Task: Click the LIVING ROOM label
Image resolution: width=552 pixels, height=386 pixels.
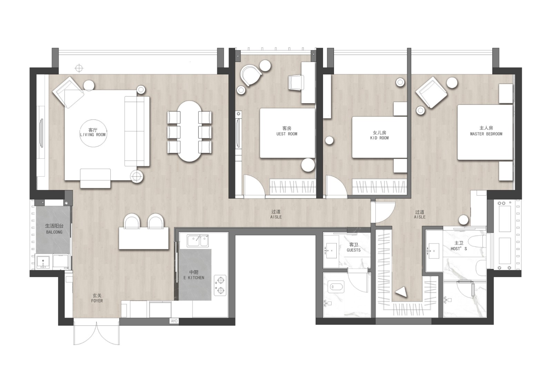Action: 93,135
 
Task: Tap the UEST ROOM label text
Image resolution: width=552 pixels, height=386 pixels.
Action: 287,134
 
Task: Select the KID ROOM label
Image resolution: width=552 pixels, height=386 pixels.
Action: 379,138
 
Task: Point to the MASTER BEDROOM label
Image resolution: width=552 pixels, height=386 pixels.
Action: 486,134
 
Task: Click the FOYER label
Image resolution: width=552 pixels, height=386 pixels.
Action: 97,301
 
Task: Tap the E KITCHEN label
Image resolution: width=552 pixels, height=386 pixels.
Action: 194,277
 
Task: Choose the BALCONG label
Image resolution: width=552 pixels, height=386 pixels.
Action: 54,232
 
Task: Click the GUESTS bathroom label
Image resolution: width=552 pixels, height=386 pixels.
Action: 354,250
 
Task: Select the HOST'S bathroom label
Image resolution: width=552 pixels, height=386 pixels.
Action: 459,248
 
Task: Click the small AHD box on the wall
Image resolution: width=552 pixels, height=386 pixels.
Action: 174,321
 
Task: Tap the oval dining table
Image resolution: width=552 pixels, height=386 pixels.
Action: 189,131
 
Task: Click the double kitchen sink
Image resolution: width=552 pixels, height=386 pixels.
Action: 198,241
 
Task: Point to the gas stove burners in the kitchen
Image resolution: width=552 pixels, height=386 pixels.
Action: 220,285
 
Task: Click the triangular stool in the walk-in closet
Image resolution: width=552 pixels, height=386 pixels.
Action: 401,292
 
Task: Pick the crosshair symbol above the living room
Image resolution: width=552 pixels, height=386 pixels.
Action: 79,68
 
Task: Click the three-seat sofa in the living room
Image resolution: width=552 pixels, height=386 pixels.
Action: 137,131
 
